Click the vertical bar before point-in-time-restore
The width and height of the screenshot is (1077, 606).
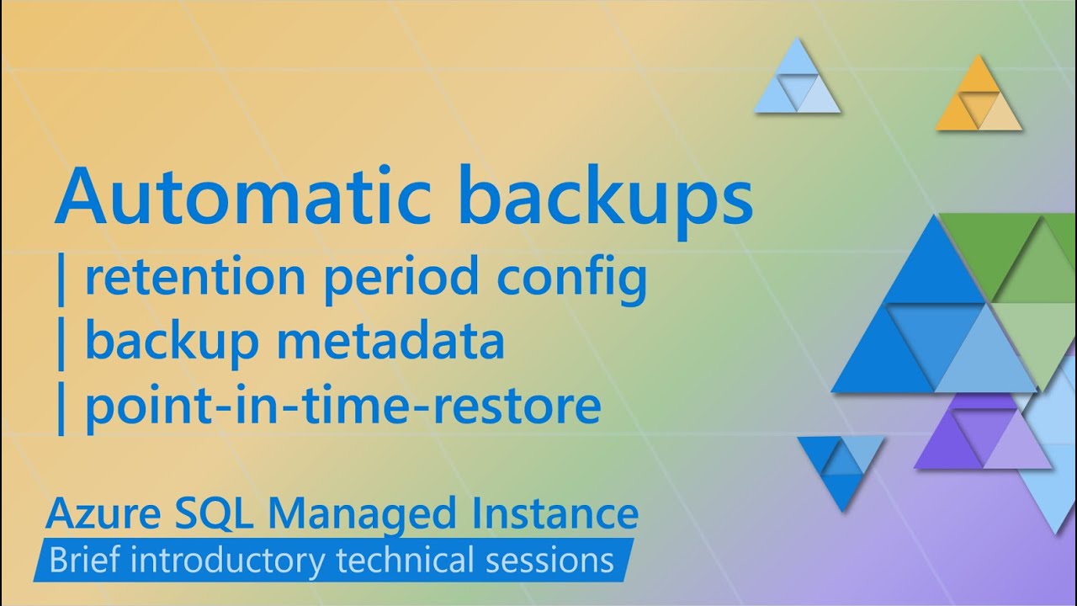coord(60,408)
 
